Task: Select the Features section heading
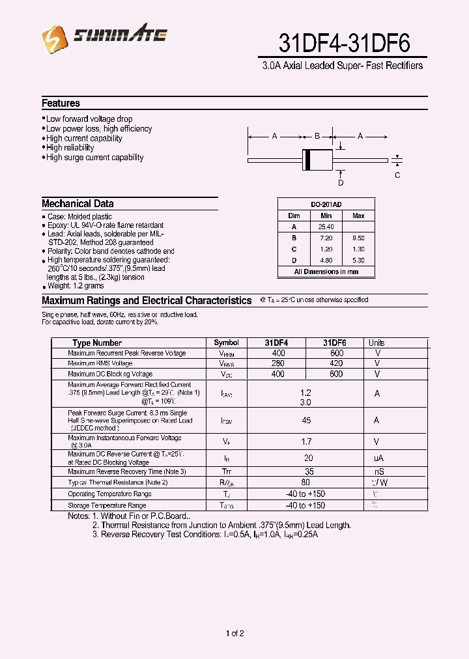pyautogui.click(x=61, y=104)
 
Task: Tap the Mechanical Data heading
pyautogui.click(x=78, y=204)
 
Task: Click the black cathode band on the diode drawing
pyautogui.click(x=306, y=160)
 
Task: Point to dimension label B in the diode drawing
pyautogui.click(x=317, y=137)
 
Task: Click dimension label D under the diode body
pyautogui.click(x=340, y=183)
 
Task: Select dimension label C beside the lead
pyautogui.click(x=397, y=175)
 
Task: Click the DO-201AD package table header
pyautogui.click(x=326, y=204)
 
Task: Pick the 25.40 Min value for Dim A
pyautogui.click(x=326, y=227)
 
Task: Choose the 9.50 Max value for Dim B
pyautogui.click(x=358, y=238)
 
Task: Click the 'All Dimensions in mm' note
pyautogui.click(x=326, y=272)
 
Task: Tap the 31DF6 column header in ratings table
pyautogui.click(x=334, y=343)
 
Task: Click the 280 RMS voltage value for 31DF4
pyautogui.click(x=278, y=363)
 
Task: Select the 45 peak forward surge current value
pyautogui.click(x=306, y=421)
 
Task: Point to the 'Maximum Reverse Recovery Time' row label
pyautogui.click(x=127, y=471)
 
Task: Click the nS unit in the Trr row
pyautogui.click(x=378, y=471)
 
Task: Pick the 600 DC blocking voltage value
pyautogui.click(x=336, y=374)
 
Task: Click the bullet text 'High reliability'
pyautogui.click(x=70, y=148)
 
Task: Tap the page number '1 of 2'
pyautogui.click(x=234, y=634)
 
